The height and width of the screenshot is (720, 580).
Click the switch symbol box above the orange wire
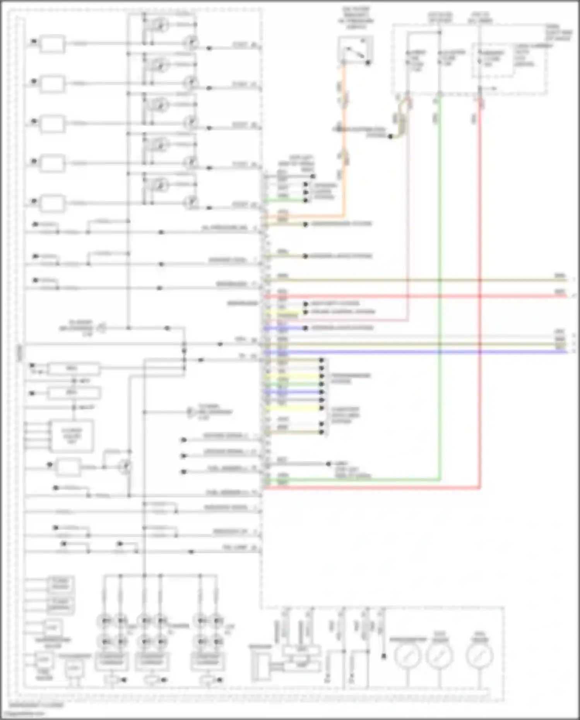355,50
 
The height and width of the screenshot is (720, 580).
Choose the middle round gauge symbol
439,656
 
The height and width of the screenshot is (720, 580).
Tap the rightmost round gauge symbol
480,656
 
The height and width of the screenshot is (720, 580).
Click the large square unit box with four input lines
72,436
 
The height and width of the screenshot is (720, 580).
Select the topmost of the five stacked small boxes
53,44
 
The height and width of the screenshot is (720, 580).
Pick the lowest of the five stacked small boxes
53,203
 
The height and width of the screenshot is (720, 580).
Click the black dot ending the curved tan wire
390,136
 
